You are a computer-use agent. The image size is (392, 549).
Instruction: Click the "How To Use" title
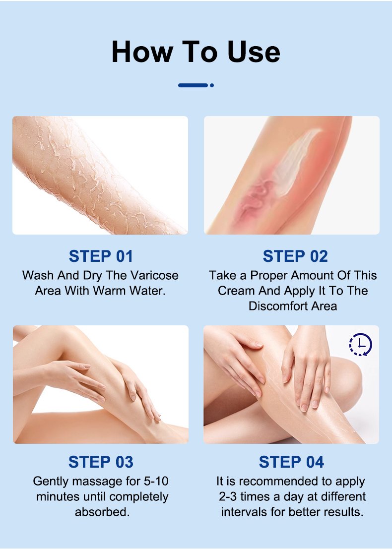click(x=196, y=52)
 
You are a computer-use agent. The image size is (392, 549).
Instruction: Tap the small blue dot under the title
click(x=211, y=85)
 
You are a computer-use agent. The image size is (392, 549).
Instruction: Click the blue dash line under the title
click(x=193, y=85)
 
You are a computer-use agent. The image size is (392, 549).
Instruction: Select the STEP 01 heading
click(x=101, y=256)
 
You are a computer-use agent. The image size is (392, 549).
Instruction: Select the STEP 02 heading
click(x=295, y=256)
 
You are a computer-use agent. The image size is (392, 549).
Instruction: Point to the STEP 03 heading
click(x=101, y=462)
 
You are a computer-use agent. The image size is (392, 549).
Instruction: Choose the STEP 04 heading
click(x=291, y=462)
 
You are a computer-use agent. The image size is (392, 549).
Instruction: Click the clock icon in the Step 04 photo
click(x=360, y=345)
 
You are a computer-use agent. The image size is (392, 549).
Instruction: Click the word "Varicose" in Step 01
click(x=154, y=275)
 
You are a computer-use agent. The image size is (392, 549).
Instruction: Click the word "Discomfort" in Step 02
click(x=278, y=306)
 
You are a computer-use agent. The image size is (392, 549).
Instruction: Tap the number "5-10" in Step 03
click(x=156, y=481)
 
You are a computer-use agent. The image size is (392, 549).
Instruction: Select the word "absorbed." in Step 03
click(x=102, y=512)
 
